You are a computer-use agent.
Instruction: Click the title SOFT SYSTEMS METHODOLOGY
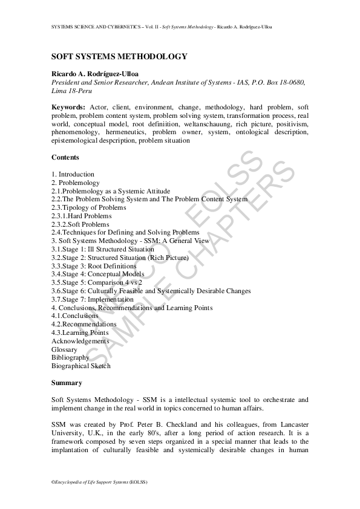(x=119, y=56)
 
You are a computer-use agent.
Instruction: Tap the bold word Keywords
(x=68, y=107)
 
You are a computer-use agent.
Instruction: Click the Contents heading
(x=65, y=157)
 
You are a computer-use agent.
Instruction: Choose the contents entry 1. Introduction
(x=73, y=174)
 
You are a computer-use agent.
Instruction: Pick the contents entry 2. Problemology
(x=76, y=183)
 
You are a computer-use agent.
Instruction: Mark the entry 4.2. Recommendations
(x=84, y=324)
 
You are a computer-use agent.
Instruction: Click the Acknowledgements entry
(x=80, y=341)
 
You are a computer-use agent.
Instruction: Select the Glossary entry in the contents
(x=64, y=349)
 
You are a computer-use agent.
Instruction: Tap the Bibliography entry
(x=70, y=357)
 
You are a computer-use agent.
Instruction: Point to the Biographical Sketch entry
(x=81, y=366)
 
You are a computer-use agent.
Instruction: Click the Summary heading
(x=67, y=383)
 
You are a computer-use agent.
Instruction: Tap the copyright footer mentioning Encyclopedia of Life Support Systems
(x=100, y=482)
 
